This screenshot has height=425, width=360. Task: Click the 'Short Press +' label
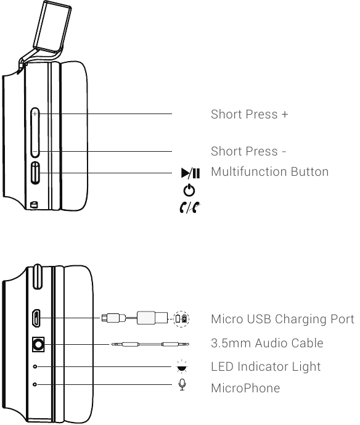[x=249, y=114]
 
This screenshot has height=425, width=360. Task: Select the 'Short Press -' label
[x=248, y=151]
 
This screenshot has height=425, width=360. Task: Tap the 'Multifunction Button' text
[x=270, y=171]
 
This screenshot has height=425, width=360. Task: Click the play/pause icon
[x=190, y=173]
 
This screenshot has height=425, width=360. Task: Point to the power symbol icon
[x=189, y=190]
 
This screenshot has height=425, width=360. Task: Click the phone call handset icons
[x=190, y=207]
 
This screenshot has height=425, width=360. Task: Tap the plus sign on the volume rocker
[x=35, y=114]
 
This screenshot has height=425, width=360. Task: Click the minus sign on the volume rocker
[x=35, y=152]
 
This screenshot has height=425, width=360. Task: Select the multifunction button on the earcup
[x=35, y=173]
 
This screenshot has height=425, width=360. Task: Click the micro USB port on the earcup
[x=36, y=318]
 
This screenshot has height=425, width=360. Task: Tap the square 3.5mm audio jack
[x=38, y=344]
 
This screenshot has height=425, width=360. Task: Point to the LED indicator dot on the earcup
[x=35, y=366]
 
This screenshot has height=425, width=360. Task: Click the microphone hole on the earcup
[x=35, y=384]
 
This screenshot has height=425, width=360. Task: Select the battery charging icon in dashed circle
[x=181, y=318]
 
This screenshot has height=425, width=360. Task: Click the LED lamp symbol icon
[x=182, y=366]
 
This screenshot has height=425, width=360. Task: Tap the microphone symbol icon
[x=182, y=385]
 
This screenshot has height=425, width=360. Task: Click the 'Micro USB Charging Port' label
[x=282, y=319]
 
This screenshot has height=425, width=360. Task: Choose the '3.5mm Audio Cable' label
[x=267, y=343]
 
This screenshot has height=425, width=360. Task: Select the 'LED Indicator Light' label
[x=266, y=367]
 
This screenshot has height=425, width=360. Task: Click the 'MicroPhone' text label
[x=245, y=388]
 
